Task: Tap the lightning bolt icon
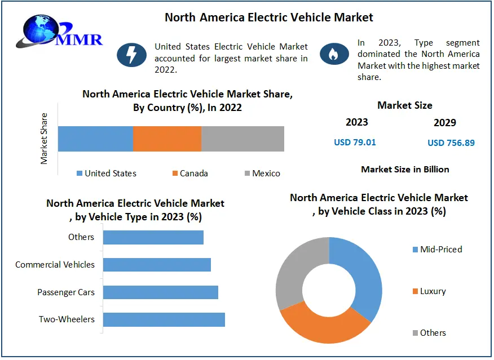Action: pyautogui.click(x=131, y=54)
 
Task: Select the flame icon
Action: pyautogui.click(x=333, y=54)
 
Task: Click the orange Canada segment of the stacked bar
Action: pyautogui.click(x=167, y=139)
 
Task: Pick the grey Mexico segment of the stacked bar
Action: pyautogui.click(x=242, y=139)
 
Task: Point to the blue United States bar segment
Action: pyautogui.click(x=95, y=139)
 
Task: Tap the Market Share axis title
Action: pyautogui.click(x=45, y=139)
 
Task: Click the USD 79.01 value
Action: pyautogui.click(x=355, y=142)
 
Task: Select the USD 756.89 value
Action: pyautogui.click(x=451, y=143)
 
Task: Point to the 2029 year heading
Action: pyautogui.click(x=445, y=122)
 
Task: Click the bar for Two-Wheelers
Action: pyautogui.click(x=164, y=319)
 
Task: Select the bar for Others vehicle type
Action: pyautogui.click(x=153, y=237)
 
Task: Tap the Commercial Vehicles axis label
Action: pyautogui.click(x=55, y=264)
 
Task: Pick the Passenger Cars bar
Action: pyautogui.click(x=160, y=292)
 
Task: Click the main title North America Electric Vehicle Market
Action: pyautogui.click(x=268, y=17)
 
